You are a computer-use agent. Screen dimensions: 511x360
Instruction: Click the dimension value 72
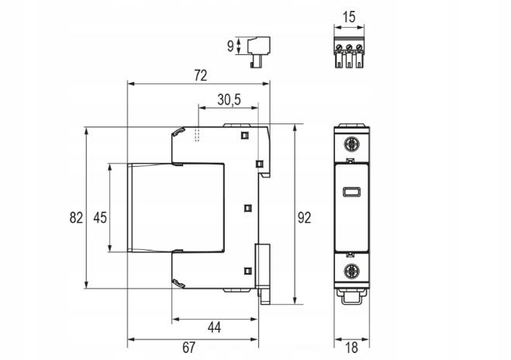(200, 76)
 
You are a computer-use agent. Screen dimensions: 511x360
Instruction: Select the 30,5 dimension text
(229, 100)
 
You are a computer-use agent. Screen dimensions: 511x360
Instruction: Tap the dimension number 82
(76, 217)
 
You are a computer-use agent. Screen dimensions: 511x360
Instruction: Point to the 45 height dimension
(100, 217)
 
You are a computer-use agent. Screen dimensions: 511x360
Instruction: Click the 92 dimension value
(305, 218)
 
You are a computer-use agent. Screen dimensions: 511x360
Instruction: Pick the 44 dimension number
(214, 327)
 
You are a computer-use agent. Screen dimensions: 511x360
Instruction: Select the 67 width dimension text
(188, 348)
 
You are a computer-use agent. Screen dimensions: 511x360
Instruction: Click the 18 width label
(351, 348)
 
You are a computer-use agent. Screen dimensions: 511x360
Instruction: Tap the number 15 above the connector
(349, 17)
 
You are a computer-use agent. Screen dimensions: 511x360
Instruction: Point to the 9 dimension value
(230, 47)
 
